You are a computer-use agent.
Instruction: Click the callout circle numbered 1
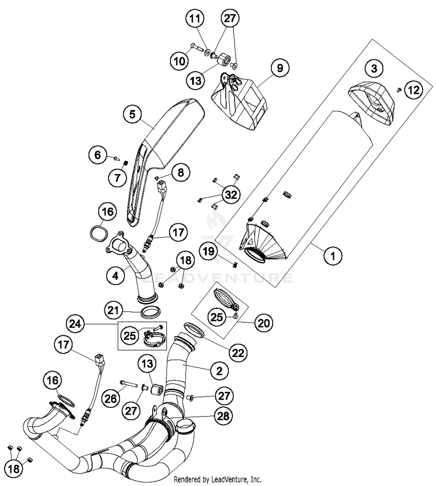click(x=333, y=256)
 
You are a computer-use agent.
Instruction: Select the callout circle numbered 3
click(x=374, y=68)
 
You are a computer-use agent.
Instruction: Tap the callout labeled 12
click(x=414, y=90)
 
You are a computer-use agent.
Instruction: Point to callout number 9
click(x=280, y=68)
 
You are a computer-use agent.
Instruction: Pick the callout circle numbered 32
click(x=231, y=195)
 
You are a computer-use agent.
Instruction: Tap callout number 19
click(x=208, y=251)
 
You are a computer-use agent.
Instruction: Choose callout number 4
click(x=115, y=275)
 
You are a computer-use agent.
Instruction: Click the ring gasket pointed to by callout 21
click(x=151, y=314)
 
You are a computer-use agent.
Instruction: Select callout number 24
click(x=75, y=324)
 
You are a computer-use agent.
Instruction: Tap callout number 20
click(x=264, y=323)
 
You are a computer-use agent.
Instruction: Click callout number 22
click(x=238, y=353)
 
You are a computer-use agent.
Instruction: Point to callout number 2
click(x=219, y=371)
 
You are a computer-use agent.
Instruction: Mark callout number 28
click(x=223, y=416)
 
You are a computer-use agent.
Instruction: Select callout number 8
click(x=181, y=173)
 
